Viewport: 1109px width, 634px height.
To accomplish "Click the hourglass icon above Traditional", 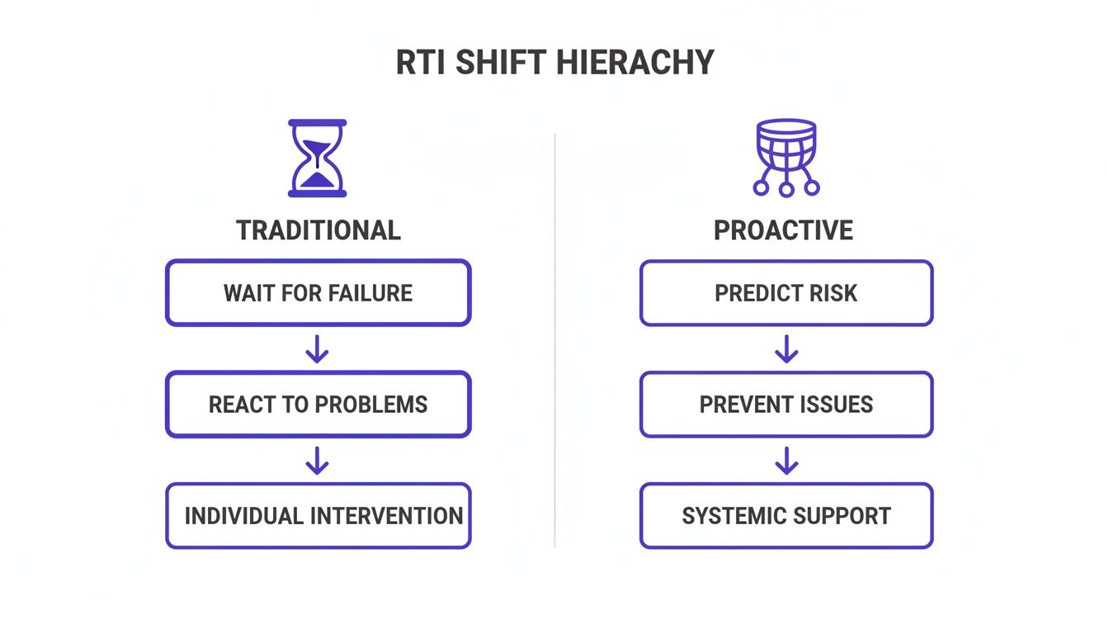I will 318,158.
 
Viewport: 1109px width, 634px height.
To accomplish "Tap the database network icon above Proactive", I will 786,157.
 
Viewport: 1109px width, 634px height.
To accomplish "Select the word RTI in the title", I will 422,63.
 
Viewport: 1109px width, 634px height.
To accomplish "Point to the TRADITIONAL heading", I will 318,230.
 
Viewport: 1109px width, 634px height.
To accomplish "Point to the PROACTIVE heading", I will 783,230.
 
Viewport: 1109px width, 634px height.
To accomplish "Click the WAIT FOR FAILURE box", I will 318,293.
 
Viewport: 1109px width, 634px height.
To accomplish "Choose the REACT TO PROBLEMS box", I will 318,405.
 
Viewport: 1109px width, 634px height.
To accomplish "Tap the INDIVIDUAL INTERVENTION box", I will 318,516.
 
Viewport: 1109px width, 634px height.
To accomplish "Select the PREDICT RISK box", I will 786,293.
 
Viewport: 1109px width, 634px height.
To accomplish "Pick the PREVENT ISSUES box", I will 786,405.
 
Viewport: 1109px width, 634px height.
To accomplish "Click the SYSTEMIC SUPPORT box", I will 786,516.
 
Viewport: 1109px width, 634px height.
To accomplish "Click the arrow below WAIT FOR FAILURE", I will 318,349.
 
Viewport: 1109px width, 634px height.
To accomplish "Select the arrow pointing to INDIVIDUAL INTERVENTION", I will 318,461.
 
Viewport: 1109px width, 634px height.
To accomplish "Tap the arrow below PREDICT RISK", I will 786,349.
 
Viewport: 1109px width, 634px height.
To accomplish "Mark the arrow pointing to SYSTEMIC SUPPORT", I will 786,461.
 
